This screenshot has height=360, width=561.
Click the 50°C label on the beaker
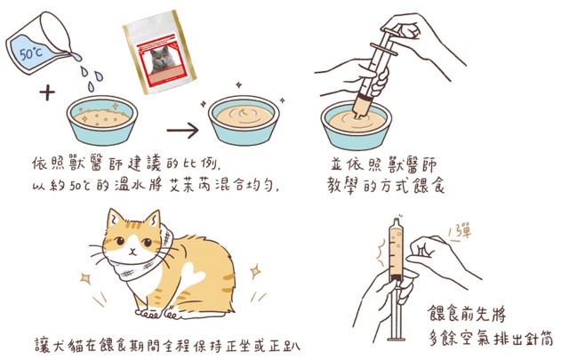(x=31, y=53)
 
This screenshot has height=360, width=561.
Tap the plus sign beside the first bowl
(x=47, y=93)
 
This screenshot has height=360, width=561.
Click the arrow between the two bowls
(x=182, y=130)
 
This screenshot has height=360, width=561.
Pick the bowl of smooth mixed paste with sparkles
(x=244, y=121)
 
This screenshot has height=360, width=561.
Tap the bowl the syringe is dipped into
(x=357, y=124)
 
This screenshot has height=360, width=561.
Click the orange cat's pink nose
(x=132, y=251)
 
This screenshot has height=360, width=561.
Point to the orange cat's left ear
(x=115, y=218)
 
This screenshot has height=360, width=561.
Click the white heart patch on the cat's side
(x=194, y=273)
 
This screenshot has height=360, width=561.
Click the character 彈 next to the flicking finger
(x=464, y=230)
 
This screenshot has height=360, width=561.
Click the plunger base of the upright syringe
(x=397, y=338)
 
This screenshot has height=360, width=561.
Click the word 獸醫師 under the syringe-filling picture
(x=413, y=165)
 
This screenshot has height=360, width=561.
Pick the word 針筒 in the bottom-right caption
(x=541, y=339)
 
